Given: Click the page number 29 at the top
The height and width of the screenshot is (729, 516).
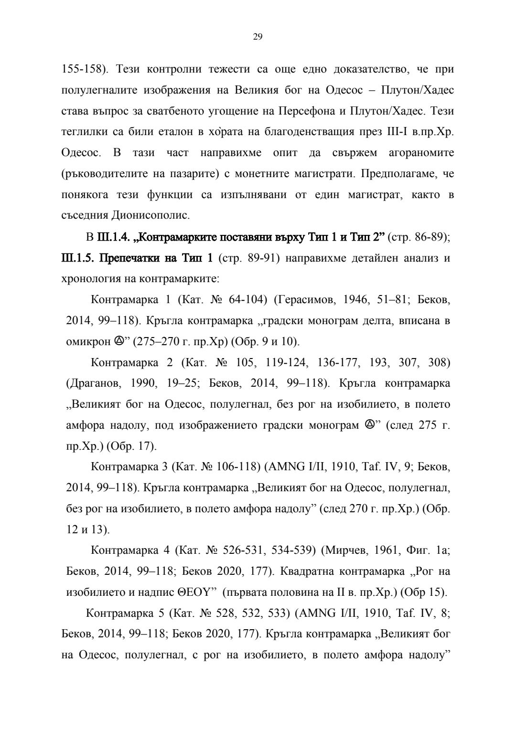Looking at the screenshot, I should (x=258, y=37).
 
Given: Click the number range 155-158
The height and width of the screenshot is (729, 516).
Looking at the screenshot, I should (x=82, y=70).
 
